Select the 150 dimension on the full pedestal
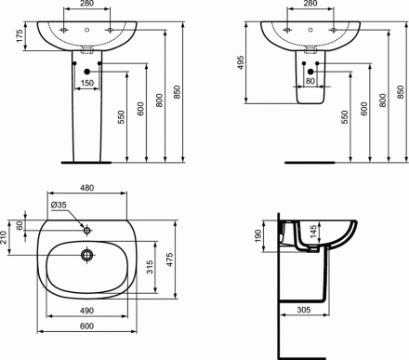86,84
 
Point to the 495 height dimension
240,62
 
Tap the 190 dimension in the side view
258,238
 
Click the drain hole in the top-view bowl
86,254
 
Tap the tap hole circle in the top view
86,227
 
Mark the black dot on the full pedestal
86,70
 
